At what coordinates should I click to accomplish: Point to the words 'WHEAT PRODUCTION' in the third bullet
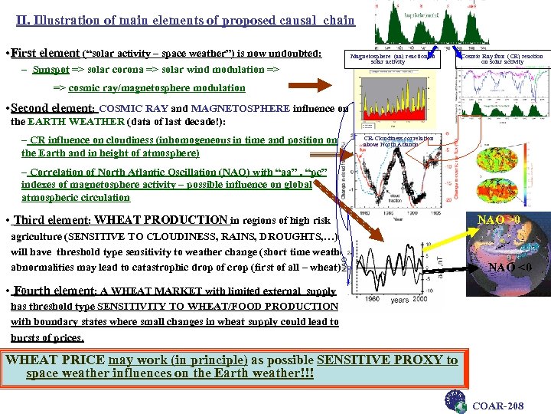(x=161, y=220)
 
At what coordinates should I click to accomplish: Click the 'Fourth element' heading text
(x=54, y=291)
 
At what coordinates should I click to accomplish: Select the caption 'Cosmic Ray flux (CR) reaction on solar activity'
(x=501, y=59)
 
